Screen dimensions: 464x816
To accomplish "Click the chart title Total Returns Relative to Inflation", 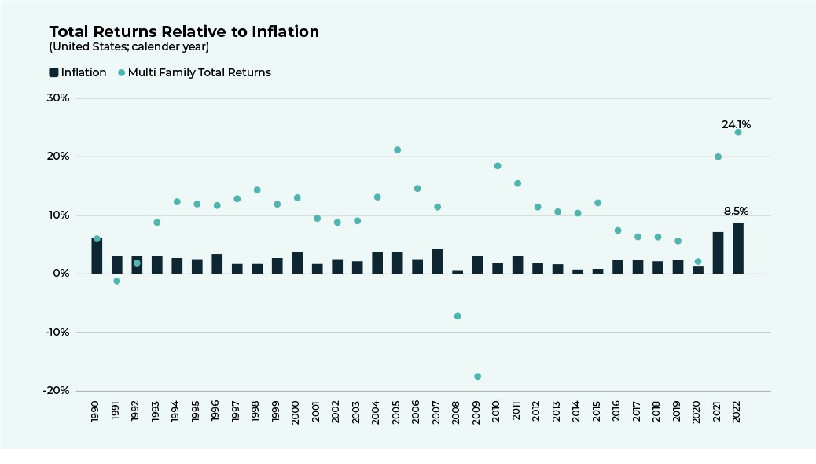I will [184, 32].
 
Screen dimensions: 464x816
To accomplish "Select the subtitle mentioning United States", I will [129, 46].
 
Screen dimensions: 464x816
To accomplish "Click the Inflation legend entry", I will [78, 72].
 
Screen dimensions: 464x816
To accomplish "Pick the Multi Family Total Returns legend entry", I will [194, 72].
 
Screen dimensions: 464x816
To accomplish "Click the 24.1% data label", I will [737, 124].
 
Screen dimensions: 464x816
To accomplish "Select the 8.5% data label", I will [737, 212].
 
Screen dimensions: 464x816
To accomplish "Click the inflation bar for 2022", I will [738, 249].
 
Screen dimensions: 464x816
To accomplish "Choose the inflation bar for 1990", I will [97, 256].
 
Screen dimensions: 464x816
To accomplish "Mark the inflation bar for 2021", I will [718, 252].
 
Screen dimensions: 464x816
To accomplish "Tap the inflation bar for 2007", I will [437, 261].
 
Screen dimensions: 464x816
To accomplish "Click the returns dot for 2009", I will [477, 377].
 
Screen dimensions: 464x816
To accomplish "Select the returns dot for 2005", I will [397, 150].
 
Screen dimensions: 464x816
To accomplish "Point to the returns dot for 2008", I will [458, 316].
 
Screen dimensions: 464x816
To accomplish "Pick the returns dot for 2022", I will [738, 132].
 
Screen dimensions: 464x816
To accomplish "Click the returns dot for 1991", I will [116, 281].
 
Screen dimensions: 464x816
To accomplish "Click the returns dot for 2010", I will [498, 166].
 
